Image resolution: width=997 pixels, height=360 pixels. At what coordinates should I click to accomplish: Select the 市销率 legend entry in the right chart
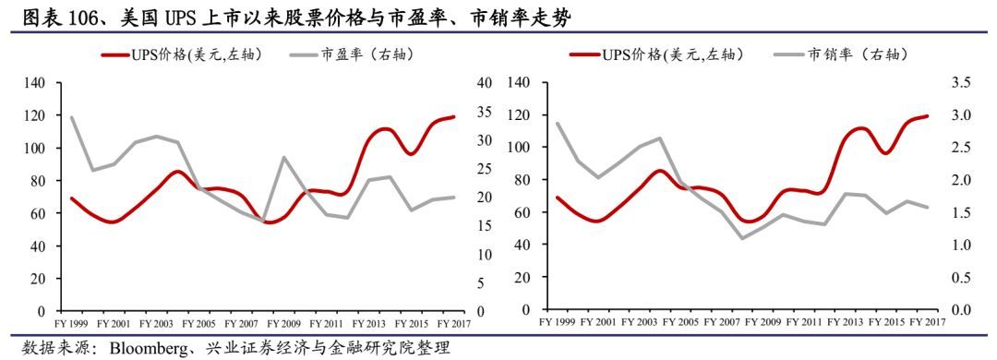tap(859, 55)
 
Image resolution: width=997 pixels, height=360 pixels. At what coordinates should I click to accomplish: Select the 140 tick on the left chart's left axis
tap(36, 83)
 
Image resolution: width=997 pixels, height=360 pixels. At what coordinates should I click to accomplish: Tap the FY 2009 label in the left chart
tap(284, 322)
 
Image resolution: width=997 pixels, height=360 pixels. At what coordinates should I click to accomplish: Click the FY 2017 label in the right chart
tap(926, 322)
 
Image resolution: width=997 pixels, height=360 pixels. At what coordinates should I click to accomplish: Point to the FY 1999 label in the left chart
tap(73, 322)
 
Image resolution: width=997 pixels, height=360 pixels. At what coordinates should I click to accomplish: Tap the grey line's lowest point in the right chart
tap(741, 238)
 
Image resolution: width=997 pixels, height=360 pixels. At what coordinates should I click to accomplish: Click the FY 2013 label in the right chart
tap(842, 322)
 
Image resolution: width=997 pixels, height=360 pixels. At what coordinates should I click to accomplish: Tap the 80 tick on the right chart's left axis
tap(520, 180)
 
